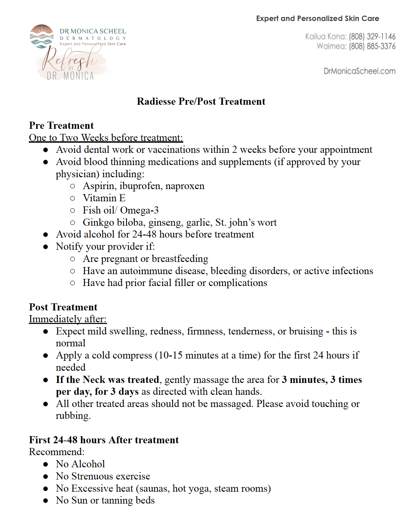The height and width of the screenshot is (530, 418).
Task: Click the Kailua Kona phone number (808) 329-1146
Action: (372, 37)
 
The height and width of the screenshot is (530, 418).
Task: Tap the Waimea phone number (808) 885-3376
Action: (372, 46)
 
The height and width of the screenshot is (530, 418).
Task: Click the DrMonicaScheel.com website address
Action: (359, 71)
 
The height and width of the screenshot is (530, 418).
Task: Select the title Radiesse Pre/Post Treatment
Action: (201, 101)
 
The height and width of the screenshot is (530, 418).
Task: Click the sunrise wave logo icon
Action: (42, 36)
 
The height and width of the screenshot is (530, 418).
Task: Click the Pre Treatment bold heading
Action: (61, 125)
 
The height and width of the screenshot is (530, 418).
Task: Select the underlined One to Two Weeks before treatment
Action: (106, 138)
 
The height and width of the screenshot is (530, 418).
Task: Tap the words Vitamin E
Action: (104, 198)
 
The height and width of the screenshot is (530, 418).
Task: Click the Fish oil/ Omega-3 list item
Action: (121, 210)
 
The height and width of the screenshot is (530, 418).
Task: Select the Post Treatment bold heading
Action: (63, 307)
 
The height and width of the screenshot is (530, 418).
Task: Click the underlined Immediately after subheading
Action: (68, 319)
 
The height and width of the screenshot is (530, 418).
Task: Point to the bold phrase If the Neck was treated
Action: (107, 380)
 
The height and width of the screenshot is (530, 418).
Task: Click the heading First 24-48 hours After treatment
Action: (104, 440)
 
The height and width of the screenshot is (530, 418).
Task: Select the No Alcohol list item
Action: (80, 464)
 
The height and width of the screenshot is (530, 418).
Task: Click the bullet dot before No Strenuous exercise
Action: (46, 476)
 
